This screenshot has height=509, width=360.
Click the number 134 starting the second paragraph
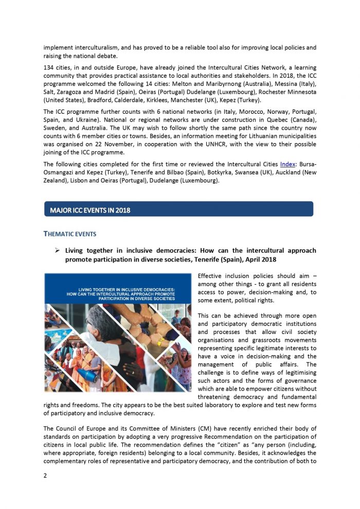coord(49,68)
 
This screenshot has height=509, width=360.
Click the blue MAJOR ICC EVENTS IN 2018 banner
coord(178,209)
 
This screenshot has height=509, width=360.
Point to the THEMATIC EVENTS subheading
coord(69,234)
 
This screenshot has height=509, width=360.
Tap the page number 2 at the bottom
coord(45,475)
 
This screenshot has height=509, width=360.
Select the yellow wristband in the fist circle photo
coord(160,342)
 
